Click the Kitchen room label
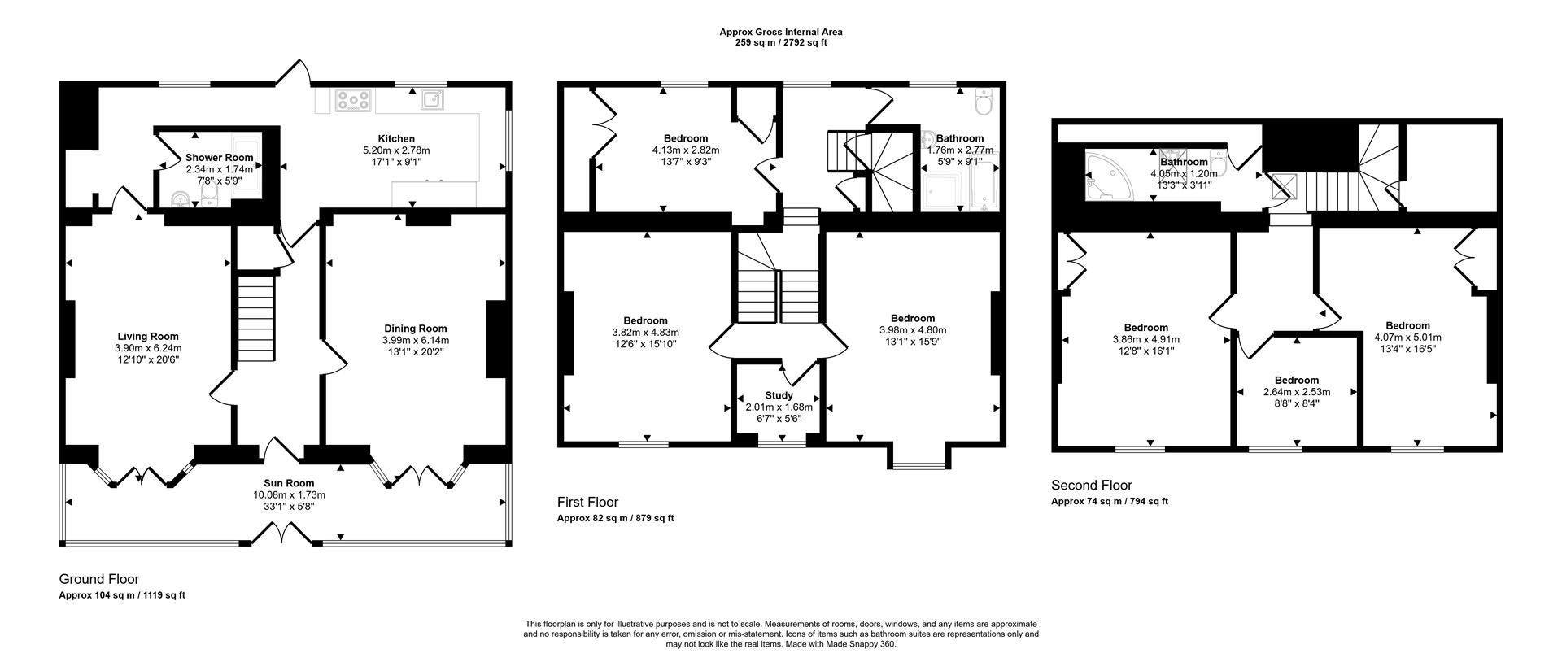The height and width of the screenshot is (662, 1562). click(x=396, y=139)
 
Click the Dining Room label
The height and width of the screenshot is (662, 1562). click(x=415, y=329)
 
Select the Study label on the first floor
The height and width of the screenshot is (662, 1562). click(x=779, y=395)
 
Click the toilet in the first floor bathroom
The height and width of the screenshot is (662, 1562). click(x=983, y=102)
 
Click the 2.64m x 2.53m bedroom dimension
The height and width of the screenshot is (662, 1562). click(x=1296, y=391)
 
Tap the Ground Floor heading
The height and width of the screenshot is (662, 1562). click(x=99, y=579)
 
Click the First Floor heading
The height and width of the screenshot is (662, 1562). click(x=587, y=502)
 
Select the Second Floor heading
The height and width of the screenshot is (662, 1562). click(x=1091, y=486)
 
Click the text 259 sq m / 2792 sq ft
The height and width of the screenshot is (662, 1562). click(x=780, y=43)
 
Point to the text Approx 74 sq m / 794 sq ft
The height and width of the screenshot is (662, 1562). click(x=1109, y=501)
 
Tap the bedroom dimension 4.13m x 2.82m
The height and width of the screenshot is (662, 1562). click(x=685, y=150)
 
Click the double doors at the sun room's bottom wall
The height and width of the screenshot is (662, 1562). click(x=281, y=535)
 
